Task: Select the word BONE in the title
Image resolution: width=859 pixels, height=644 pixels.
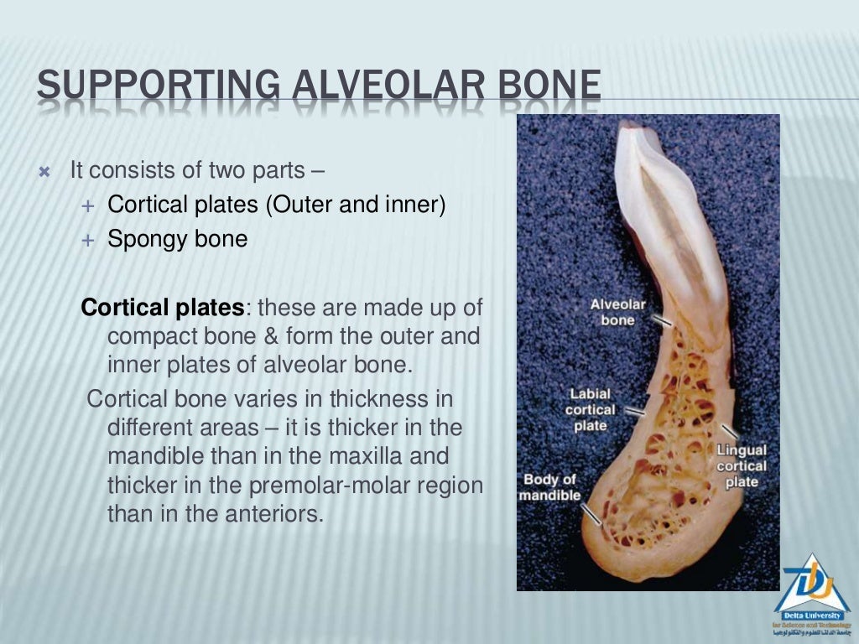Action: (x=549, y=88)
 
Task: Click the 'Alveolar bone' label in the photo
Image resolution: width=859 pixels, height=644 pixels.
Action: (x=617, y=311)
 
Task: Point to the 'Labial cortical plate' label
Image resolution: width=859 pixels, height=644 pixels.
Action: (x=590, y=409)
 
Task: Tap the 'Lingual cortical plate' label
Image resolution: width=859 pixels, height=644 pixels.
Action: (x=742, y=466)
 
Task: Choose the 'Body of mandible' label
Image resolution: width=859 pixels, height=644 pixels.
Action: (x=549, y=487)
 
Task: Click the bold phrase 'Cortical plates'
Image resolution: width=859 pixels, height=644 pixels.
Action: (x=161, y=308)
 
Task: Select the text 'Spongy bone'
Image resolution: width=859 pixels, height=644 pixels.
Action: (x=178, y=240)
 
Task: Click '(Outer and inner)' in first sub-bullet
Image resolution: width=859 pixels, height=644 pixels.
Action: (x=356, y=205)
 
